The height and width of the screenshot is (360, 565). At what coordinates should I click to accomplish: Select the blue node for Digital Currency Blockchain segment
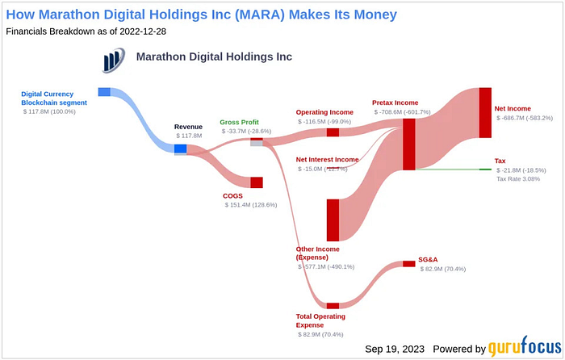tap(104, 92)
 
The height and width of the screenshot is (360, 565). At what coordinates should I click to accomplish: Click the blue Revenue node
tap(180, 149)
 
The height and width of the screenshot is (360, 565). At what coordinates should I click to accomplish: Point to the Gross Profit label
tap(240, 123)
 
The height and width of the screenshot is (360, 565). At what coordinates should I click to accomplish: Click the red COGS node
tap(257, 182)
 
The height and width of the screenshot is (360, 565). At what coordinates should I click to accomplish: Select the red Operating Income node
tap(333, 132)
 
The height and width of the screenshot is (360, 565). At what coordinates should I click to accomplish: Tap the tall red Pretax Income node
tap(409, 144)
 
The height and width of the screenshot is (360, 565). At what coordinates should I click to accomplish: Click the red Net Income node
tap(485, 112)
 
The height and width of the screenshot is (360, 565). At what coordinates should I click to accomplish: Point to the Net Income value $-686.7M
tap(525, 118)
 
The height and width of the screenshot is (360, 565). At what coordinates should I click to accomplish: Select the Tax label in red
tap(500, 161)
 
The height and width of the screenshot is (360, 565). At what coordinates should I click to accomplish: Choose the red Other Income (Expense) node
tap(333, 220)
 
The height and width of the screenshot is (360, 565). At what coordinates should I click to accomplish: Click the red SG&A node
tap(409, 264)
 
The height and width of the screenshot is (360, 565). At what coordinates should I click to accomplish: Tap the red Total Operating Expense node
tap(333, 306)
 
